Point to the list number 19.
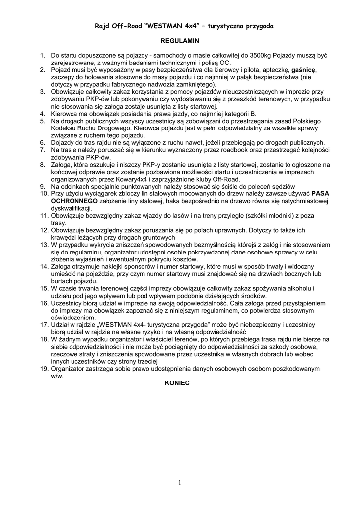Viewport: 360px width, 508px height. point(43,369)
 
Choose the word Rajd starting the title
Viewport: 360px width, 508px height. point(103,25)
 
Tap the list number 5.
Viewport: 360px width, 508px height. point(43,121)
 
